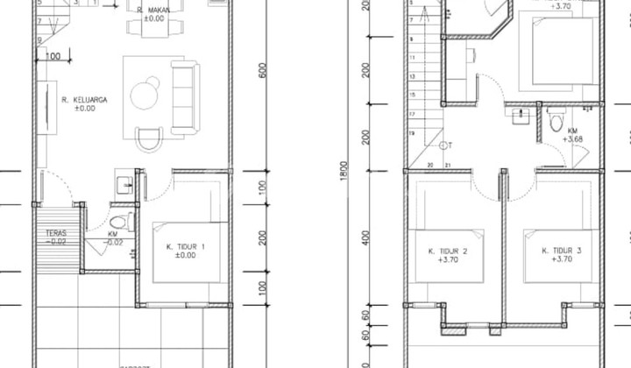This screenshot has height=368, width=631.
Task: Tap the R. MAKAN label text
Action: pyautogui.click(x=154, y=13)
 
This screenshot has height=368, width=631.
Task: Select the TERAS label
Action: pyautogui.click(x=56, y=237)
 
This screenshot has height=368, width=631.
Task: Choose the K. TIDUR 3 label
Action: pyautogui.click(x=562, y=255)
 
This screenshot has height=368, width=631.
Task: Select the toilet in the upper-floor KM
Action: pyautogui.click(x=556, y=122)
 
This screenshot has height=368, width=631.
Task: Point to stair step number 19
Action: pyautogui.click(x=411, y=132)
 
